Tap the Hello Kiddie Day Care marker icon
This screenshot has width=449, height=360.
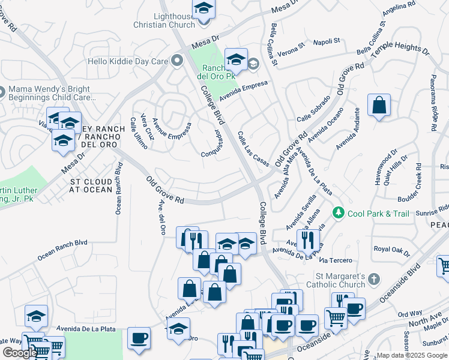(176, 61)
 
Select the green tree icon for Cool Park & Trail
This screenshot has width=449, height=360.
(339, 213)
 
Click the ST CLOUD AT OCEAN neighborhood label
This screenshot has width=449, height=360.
(91, 185)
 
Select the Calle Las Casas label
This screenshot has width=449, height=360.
(253, 149)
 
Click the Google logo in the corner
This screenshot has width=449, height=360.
(20, 353)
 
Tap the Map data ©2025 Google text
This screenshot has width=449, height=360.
(411, 355)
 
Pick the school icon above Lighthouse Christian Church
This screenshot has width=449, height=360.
(205, 10)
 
